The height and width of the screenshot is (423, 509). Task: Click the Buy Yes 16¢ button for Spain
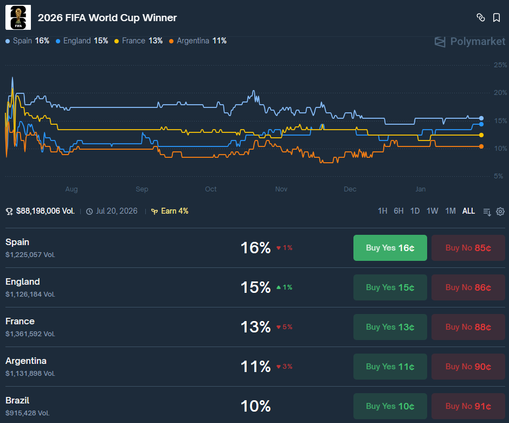pos(390,247)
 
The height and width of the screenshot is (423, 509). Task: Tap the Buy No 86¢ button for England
pos(468,287)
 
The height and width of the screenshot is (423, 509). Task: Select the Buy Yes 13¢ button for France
pos(390,327)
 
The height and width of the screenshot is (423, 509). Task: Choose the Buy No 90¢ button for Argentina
pos(468,367)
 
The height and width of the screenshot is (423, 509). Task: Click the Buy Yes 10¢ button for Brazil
pos(390,406)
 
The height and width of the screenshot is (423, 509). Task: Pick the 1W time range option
pos(432,211)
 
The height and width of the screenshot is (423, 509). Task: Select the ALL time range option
pos(468,211)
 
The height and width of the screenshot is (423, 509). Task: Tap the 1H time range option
pos(382,211)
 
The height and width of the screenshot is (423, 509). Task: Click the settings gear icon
pos(500,211)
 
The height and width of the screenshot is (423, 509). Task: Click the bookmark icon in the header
pos(497,17)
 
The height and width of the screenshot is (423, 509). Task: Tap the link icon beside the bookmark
pos(481,17)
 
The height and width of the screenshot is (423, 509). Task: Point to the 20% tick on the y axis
pos(500,93)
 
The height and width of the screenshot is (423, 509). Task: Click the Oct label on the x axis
pos(211,189)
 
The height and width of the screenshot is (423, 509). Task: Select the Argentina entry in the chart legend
pos(198,41)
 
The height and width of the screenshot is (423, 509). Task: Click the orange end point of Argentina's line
pos(481,146)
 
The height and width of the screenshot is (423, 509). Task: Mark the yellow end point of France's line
pos(481,135)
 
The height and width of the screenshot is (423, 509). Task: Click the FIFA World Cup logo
pos(18,17)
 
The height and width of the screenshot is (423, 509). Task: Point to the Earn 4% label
pos(170,211)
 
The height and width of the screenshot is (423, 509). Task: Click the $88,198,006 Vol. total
pos(40,211)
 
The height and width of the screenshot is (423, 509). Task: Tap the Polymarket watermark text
pos(478,42)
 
